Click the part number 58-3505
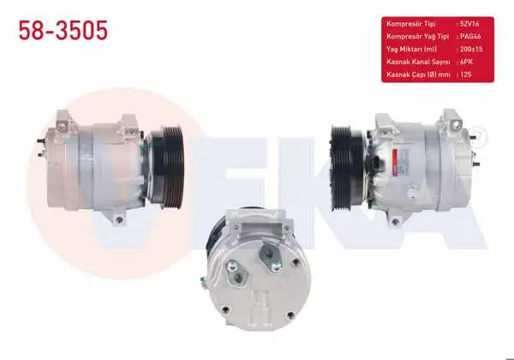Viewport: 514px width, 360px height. (63, 30)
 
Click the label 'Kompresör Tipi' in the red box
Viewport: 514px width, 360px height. (411, 24)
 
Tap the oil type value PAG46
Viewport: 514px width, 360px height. (470, 36)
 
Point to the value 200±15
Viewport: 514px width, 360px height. (471, 49)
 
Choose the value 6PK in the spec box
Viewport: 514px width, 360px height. (466, 62)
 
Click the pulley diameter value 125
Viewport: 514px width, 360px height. (465, 75)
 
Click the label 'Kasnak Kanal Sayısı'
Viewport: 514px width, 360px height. (418, 62)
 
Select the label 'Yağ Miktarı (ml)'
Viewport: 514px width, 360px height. (412, 49)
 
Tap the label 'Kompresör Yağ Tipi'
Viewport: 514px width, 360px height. (418, 36)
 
